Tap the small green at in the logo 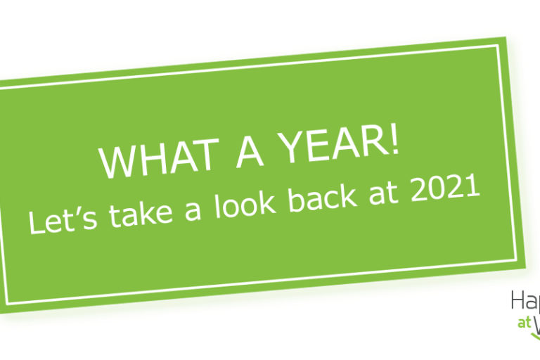[x=522, y=323]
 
